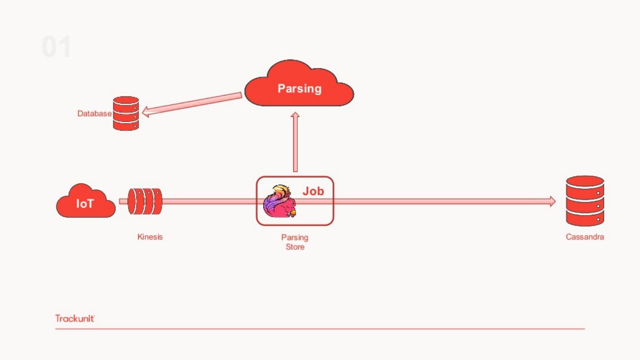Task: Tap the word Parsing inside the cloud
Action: coord(299,88)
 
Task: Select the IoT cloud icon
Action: coord(85,202)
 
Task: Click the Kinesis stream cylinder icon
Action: coord(145,201)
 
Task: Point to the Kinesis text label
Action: coord(150,237)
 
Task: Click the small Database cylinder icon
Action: coord(126,113)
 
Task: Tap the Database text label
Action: coord(94,114)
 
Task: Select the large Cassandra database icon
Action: coord(585,201)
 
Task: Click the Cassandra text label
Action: coord(584,237)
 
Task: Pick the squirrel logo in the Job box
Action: coord(279,202)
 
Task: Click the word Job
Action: coord(313,192)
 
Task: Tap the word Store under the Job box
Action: coord(295,247)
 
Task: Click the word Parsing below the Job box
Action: coord(295,237)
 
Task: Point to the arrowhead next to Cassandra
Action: coord(552,201)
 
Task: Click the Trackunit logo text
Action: coord(75,318)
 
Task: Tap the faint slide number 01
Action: coord(56,47)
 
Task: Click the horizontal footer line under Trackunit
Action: coord(320,329)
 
